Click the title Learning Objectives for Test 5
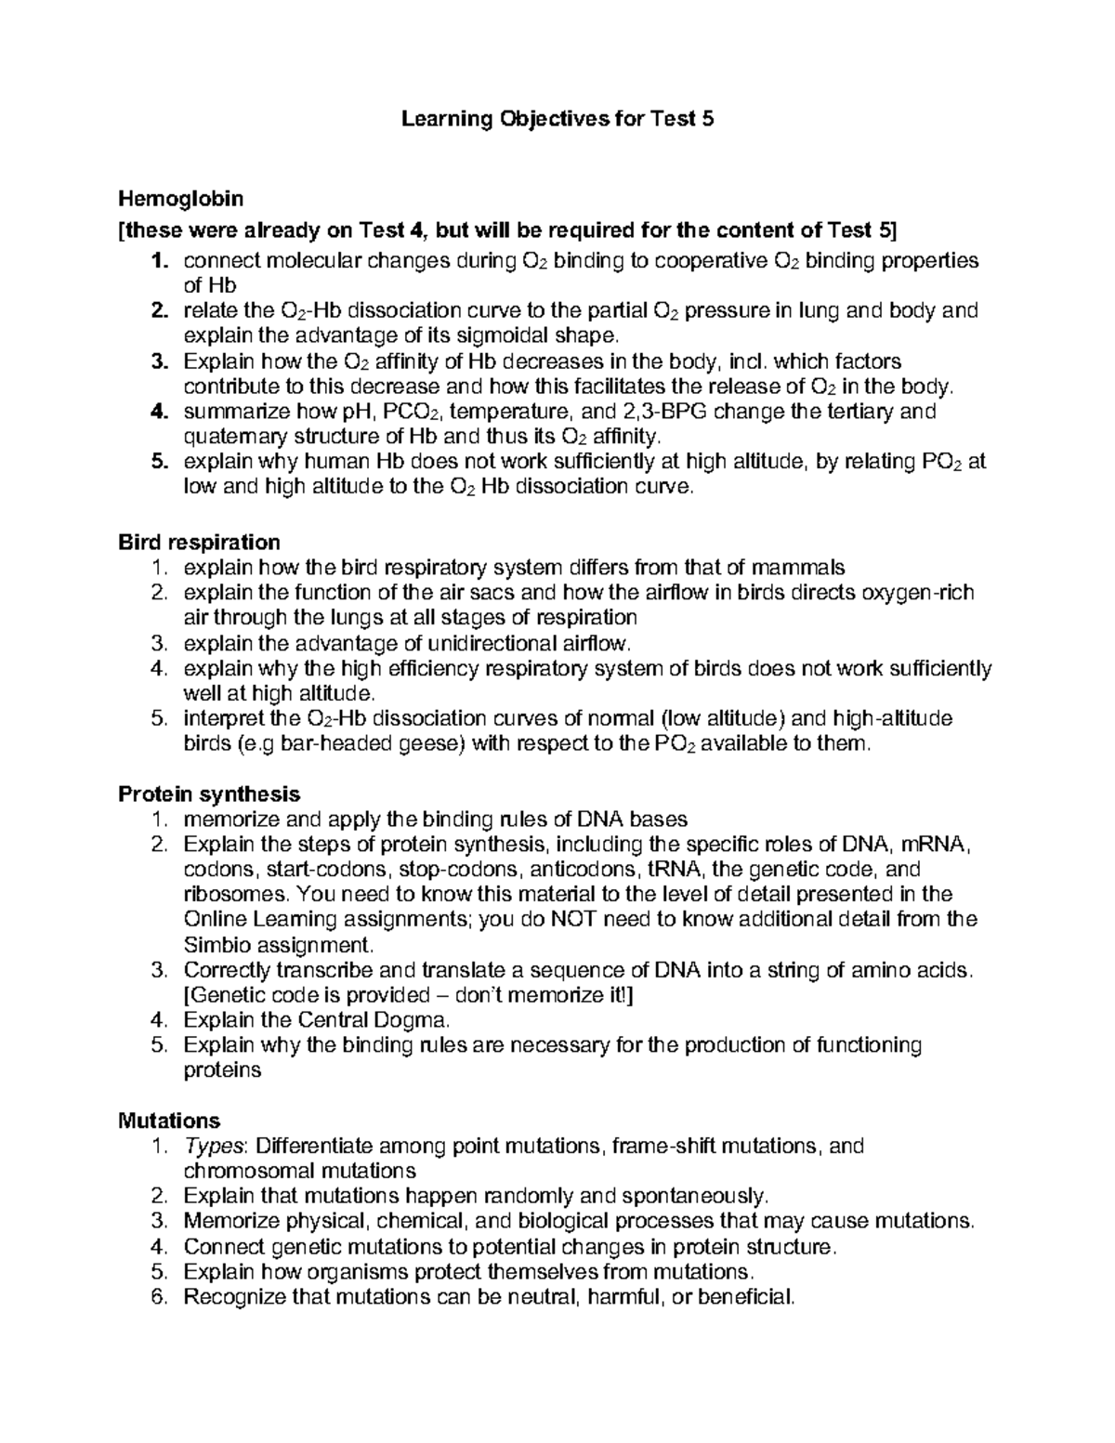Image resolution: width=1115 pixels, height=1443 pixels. [x=557, y=120]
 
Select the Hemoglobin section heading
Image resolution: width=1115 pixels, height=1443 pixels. [x=180, y=199]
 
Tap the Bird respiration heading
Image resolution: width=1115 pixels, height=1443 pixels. [x=199, y=542]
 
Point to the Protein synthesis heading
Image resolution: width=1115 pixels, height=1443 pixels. [x=209, y=794]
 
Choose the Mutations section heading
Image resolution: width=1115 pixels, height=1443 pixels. [x=169, y=1121]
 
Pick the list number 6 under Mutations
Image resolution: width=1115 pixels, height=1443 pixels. [x=159, y=1296]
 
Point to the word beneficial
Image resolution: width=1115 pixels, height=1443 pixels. [x=744, y=1296]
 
